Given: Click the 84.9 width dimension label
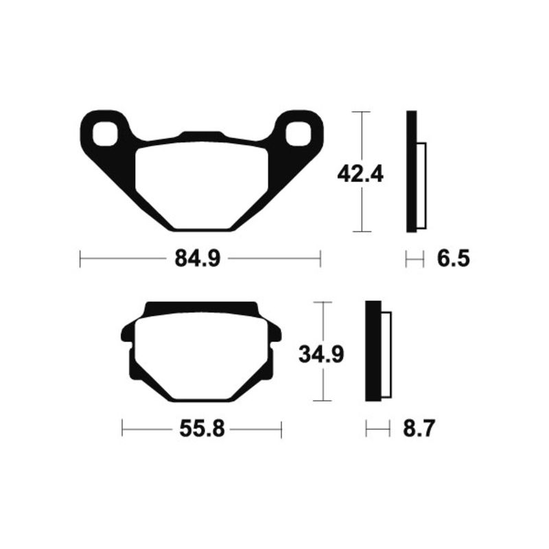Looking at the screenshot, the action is point(198,259).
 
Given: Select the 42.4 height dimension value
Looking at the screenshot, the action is point(360,174).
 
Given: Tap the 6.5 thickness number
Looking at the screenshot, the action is point(454,259).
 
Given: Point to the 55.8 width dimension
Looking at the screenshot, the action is point(202,429).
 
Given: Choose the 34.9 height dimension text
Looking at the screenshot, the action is point(321,354).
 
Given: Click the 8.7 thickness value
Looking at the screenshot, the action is point(419,429).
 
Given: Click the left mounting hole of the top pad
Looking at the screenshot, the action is point(105,133).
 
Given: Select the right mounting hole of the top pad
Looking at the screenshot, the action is point(299,133).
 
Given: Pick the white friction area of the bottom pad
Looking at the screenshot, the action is point(202,356).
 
